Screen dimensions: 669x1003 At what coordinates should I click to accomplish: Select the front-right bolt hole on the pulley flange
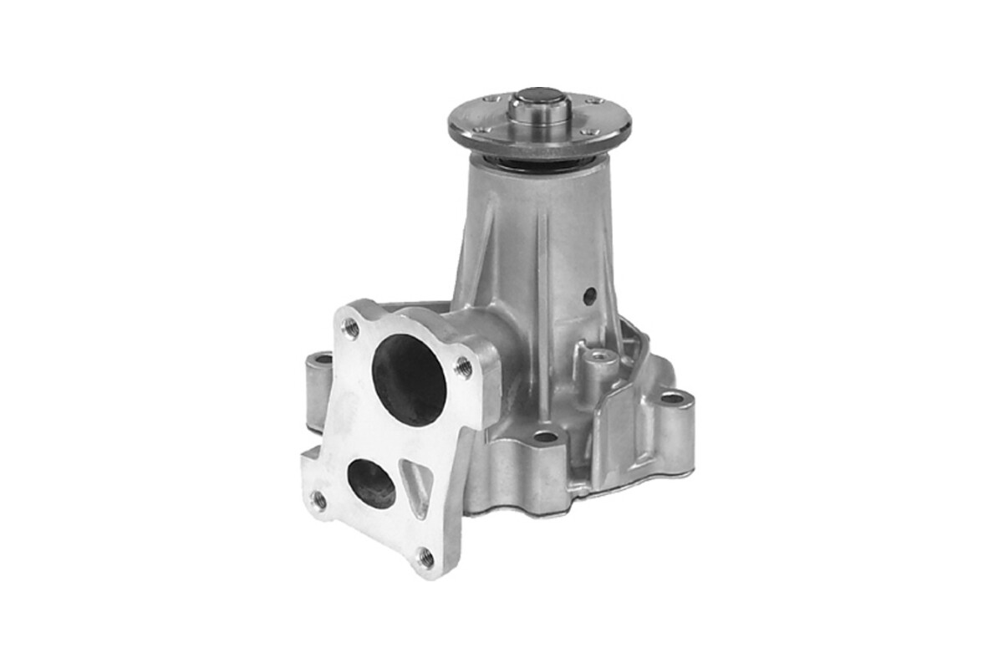(587, 132)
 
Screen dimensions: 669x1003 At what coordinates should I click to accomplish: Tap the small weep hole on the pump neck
(590, 295)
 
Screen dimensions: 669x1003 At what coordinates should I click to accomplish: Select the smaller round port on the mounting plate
(371, 483)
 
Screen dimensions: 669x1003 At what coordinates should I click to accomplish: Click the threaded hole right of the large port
(462, 367)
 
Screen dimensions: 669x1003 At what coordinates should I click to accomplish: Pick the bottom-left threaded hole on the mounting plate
(319, 500)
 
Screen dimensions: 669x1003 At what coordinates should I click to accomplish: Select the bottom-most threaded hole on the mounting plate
(425, 557)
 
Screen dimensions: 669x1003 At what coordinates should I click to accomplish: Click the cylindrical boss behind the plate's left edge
(318, 387)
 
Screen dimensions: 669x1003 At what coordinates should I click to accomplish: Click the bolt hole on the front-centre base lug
(546, 437)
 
